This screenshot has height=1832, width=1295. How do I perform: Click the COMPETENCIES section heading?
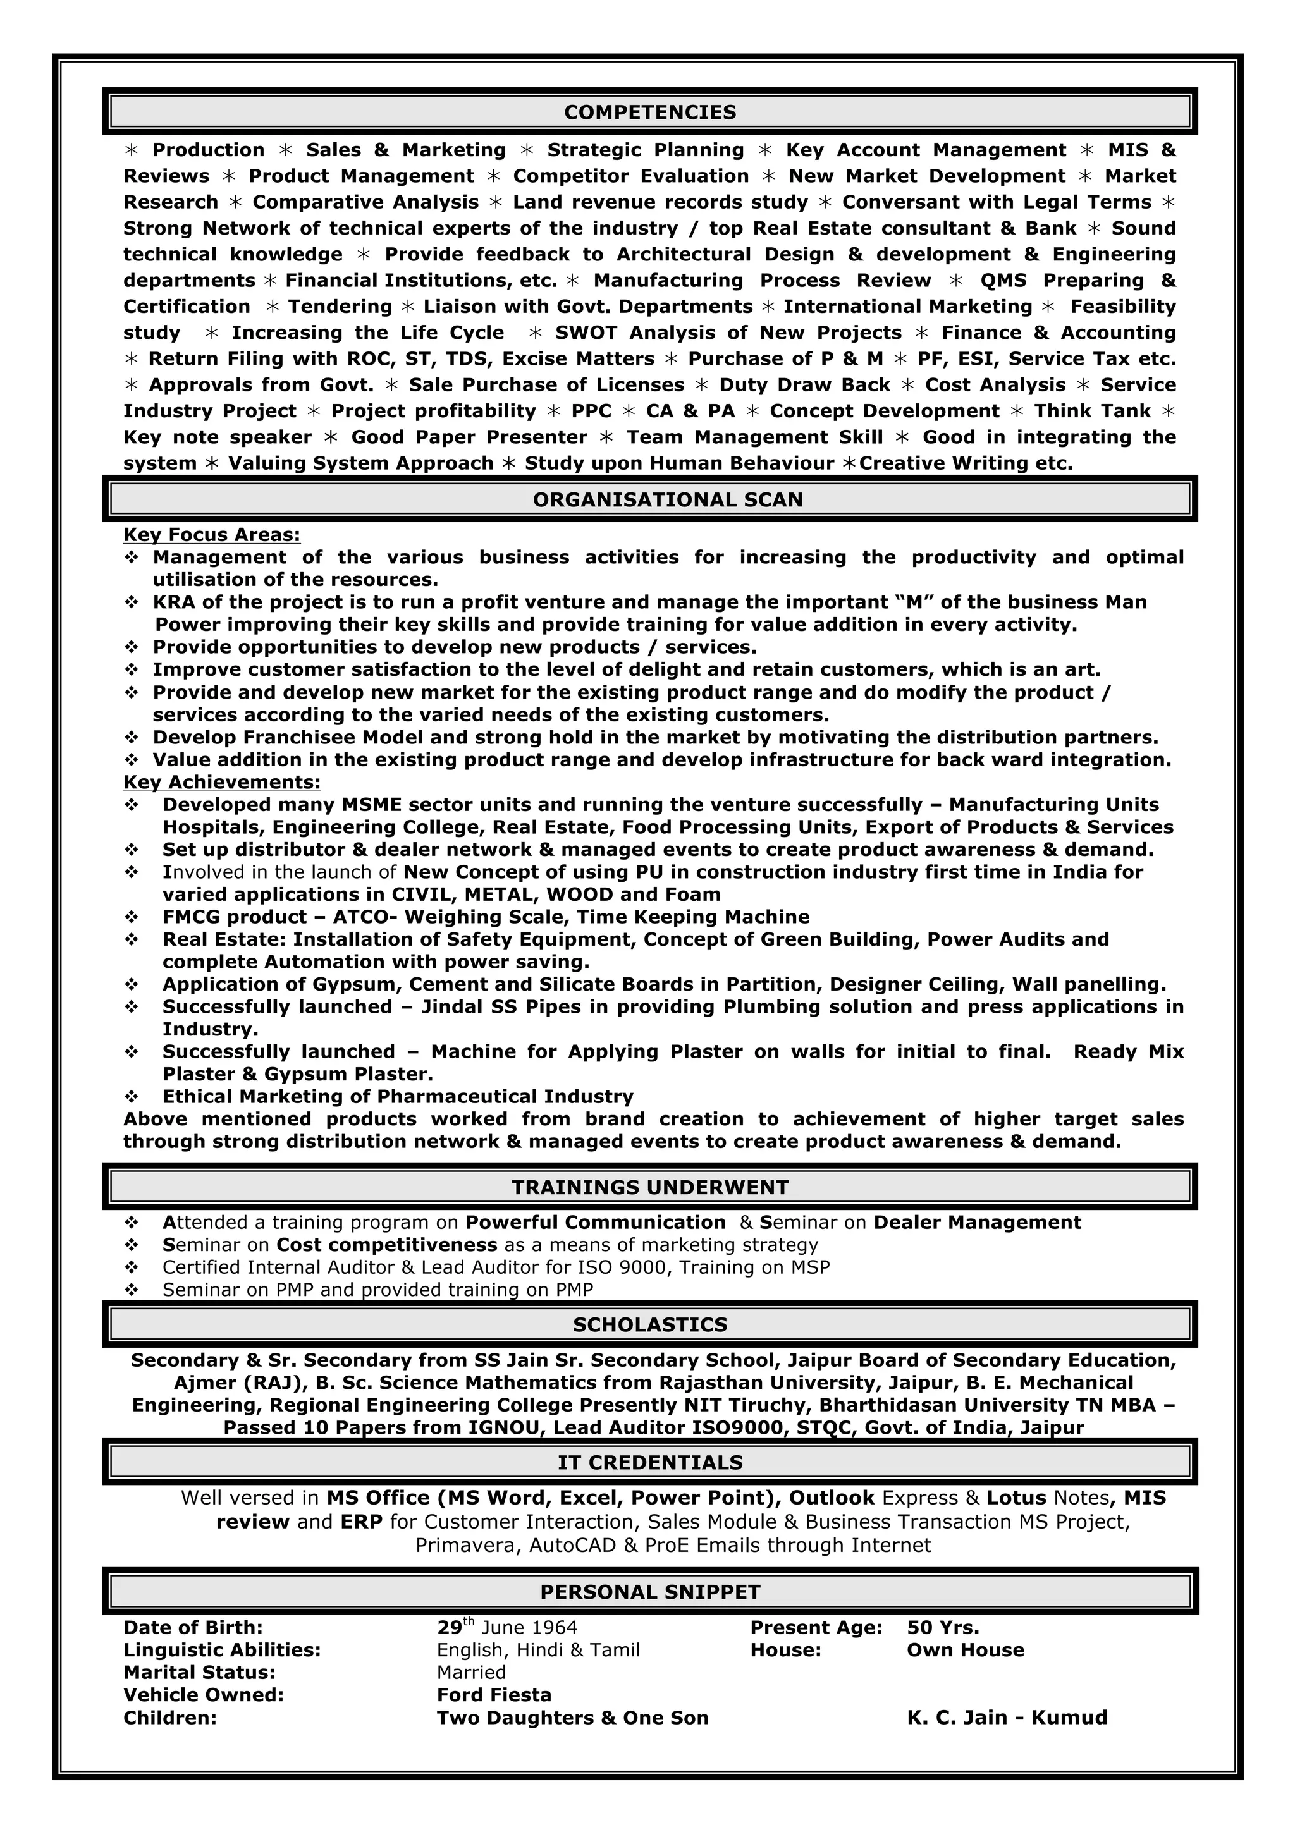(x=649, y=113)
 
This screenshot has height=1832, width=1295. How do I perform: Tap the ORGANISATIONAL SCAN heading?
(x=667, y=499)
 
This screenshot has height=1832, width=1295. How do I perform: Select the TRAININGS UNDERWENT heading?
(x=649, y=1187)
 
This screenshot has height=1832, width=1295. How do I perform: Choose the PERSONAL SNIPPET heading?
(x=649, y=1592)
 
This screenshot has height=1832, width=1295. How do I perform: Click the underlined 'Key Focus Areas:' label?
(x=211, y=535)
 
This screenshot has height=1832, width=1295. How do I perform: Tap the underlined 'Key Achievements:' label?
(x=222, y=782)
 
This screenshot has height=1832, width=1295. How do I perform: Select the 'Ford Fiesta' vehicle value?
(x=494, y=1695)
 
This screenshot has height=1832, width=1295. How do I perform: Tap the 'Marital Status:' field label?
(x=199, y=1673)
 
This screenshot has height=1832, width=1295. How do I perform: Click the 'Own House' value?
(x=965, y=1649)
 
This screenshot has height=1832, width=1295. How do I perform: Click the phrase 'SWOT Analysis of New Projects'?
(x=728, y=333)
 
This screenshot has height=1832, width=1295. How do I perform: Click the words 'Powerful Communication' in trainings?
(x=595, y=1223)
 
